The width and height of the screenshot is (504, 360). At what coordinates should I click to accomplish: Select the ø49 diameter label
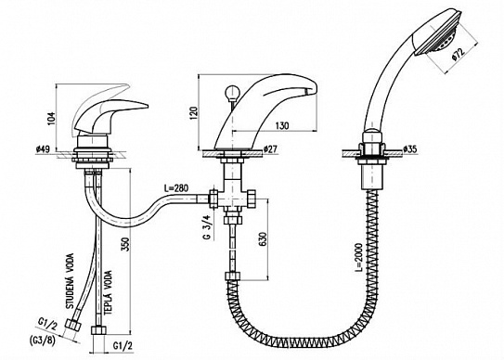pyautogui.click(x=44, y=148)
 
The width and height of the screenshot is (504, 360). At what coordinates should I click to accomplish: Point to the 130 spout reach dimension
pyautogui.click(x=281, y=125)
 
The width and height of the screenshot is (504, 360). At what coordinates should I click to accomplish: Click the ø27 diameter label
pyautogui.click(x=270, y=148)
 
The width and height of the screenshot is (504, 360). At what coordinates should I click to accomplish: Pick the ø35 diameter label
pyautogui.click(x=409, y=148)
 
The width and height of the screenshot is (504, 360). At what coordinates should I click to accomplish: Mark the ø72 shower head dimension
pyautogui.click(x=457, y=55)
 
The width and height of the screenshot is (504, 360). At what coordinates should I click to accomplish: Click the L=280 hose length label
pyautogui.click(x=176, y=187)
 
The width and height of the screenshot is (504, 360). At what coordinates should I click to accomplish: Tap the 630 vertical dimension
pyautogui.click(x=263, y=238)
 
